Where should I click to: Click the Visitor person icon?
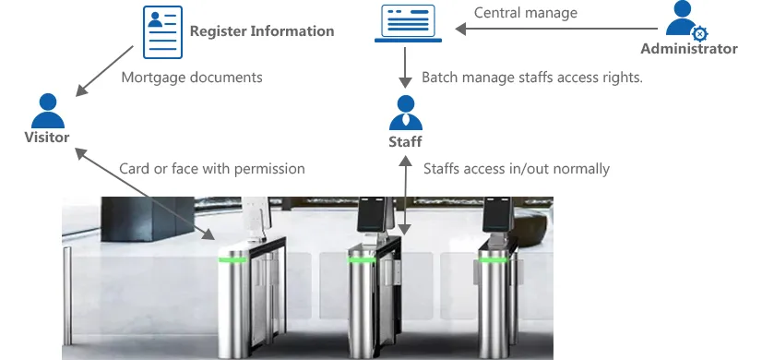(48, 111)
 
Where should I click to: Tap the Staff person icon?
(405, 113)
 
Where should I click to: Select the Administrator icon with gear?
(685, 20)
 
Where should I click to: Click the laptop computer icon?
(408, 23)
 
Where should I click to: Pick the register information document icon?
(162, 32)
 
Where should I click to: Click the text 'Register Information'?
(262, 31)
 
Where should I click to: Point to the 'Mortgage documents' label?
(192, 78)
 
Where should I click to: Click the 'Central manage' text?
(526, 13)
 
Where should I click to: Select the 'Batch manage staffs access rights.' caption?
(532, 78)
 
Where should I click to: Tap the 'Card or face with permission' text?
(212, 169)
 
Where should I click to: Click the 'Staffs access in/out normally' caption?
(517, 169)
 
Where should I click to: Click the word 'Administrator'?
(689, 49)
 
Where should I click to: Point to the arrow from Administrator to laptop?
(556, 30)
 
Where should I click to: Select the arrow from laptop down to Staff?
(405, 67)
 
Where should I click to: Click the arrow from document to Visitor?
(104, 71)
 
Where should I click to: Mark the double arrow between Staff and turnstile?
(405, 196)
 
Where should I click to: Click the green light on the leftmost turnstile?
(232, 259)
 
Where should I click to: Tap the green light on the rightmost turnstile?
(493, 259)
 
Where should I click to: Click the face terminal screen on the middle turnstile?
(372, 214)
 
